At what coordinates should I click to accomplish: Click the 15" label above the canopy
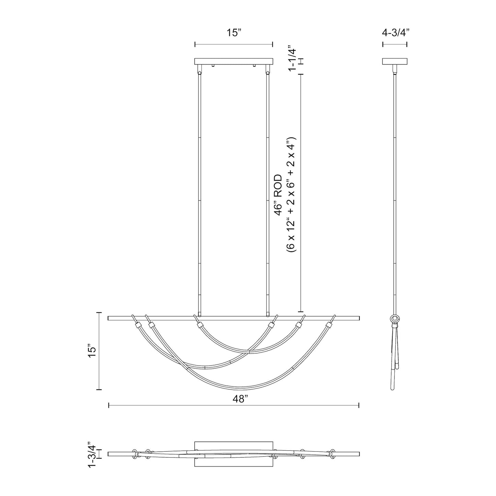pos(234,33)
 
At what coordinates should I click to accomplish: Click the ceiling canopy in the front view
pos(233,61)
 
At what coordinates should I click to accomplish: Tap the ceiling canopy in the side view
pos(395,61)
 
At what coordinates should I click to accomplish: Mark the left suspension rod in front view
pos(199,192)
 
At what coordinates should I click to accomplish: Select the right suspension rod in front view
pos(267,192)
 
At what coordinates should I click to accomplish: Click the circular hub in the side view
pos(395,319)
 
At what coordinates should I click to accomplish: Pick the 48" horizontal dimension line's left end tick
pos(109,405)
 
